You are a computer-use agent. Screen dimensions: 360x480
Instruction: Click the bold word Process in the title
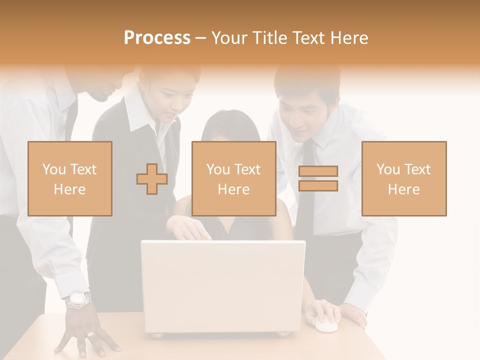coord(157,38)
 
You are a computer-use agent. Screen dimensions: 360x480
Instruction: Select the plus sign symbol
coord(152,178)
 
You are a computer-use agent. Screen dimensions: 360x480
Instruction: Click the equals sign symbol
coord(318,178)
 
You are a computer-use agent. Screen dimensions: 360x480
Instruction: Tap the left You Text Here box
coord(69,178)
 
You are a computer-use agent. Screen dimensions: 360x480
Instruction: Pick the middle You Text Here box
coord(233,178)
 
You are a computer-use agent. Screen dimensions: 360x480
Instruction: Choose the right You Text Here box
coord(403,178)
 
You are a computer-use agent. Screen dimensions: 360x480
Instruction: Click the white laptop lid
coord(223,285)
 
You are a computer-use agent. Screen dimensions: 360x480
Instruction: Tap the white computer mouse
coord(326,325)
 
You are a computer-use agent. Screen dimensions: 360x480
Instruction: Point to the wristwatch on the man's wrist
coord(78,300)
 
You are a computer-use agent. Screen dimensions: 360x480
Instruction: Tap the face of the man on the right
coord(300,120)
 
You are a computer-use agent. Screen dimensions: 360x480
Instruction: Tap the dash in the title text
coord(200,38)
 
